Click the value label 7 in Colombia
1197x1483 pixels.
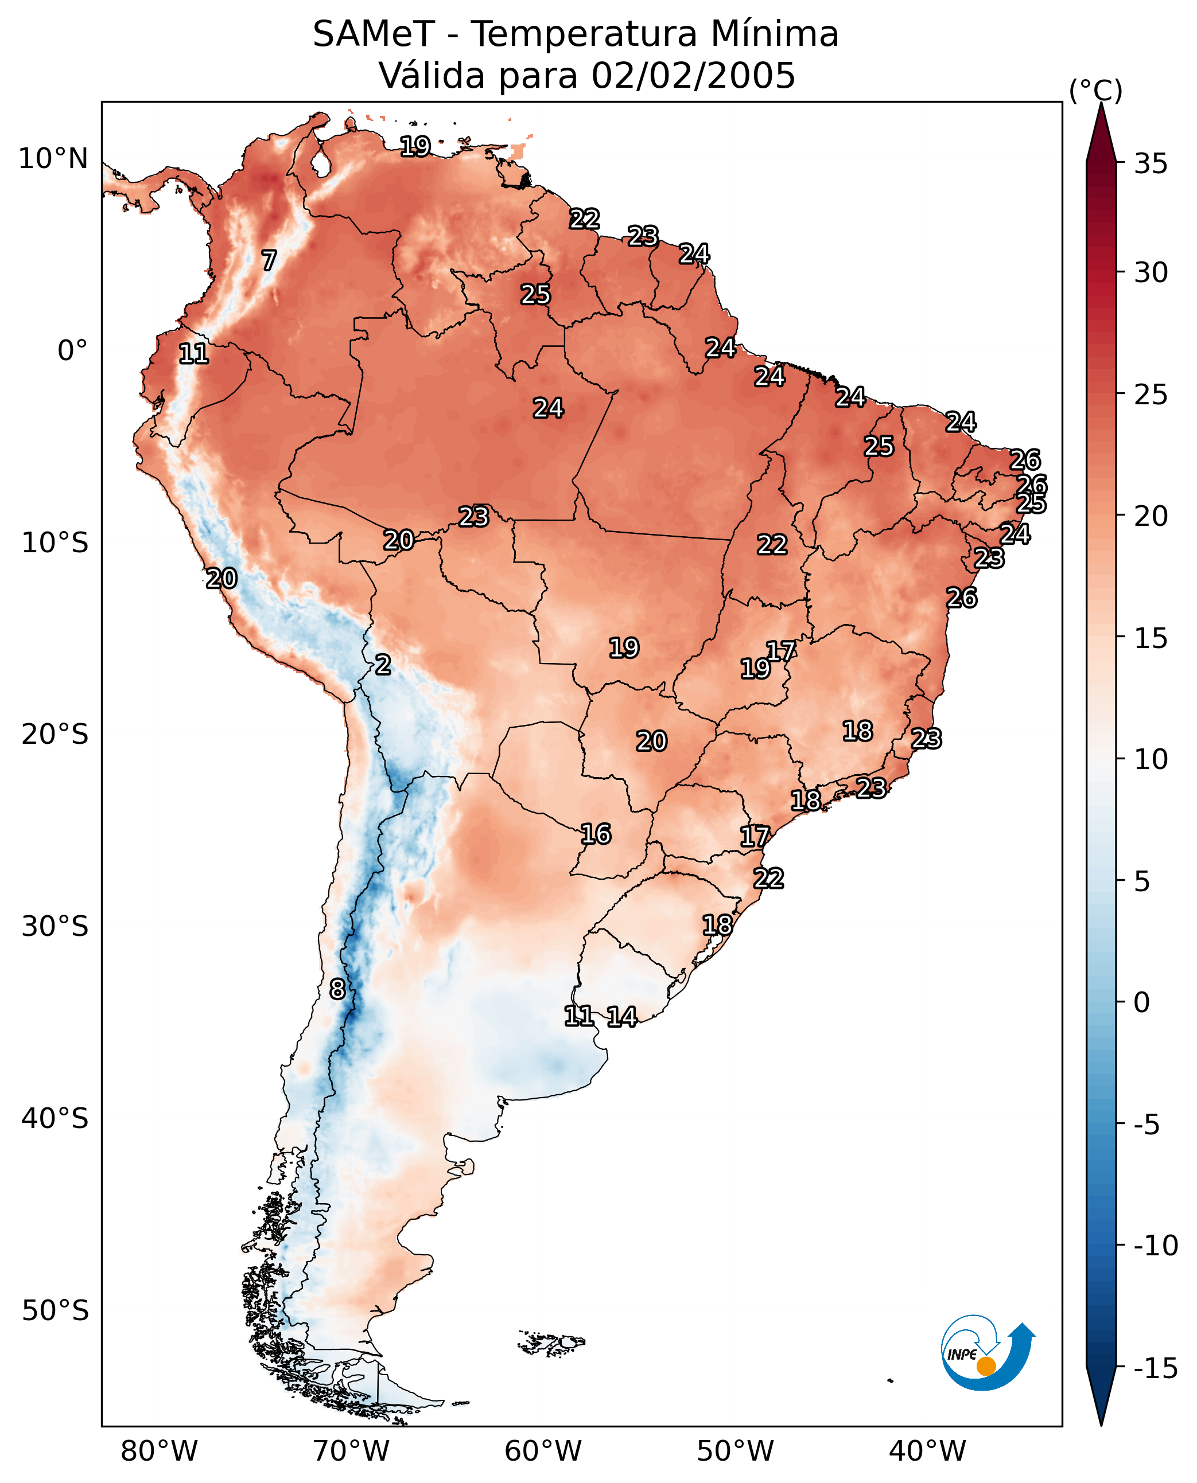click(269, 260)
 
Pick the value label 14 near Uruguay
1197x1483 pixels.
click(621, 1017)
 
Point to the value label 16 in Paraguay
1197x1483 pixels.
click(596, 834)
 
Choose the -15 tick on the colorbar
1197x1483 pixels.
click(1156, 1369)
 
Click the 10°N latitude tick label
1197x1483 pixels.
click(53, 159)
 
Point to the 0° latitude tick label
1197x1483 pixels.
click(72, 351)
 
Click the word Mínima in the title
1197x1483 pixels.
click(774, 34)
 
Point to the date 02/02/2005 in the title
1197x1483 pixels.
click(693, 75)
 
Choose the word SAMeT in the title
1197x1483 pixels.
click(374, 34)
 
